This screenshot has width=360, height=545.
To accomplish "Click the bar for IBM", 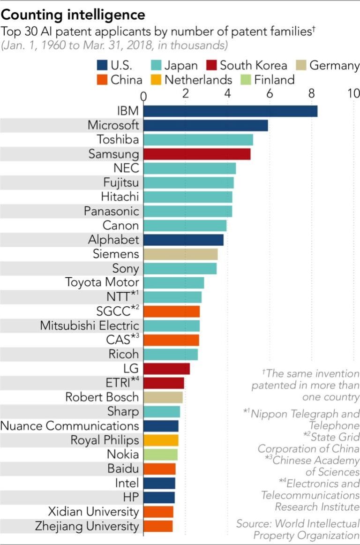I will tap(230, 111).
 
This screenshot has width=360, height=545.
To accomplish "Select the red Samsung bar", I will tap(197, 154).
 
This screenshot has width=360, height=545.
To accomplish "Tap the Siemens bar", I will tap(180, 254).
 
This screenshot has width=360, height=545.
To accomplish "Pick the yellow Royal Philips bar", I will tap(161, 440).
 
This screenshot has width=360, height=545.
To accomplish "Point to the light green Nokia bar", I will tap(160, 454).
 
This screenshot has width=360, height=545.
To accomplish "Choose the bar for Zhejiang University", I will tap(158, 526).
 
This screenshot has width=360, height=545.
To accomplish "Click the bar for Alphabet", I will tap(183, 240).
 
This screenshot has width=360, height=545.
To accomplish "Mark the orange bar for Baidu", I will tap(159, 469).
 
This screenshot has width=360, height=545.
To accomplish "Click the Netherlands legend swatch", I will tap(157, 80).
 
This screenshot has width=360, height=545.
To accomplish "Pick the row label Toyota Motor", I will tap(102, 282).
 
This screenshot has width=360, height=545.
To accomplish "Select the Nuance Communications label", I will tap(70, 426).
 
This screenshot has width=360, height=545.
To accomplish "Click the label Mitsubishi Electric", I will tap(90, 325).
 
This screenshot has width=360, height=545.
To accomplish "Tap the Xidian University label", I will tap(93, 512).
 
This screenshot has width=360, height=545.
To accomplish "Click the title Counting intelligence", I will tap(73, 15).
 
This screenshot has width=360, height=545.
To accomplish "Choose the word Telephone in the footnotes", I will tap(334, 425).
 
